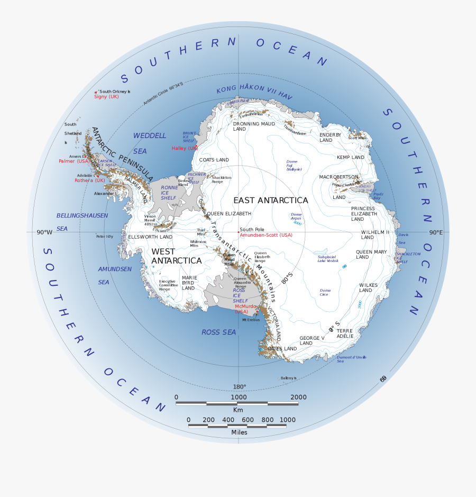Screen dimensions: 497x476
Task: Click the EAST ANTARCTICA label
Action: (270, 200)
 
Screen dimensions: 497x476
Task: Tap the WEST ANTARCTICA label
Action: (176, 256)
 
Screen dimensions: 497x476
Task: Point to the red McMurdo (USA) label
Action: (245, 309)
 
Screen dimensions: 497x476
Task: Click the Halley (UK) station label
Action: (185, 148)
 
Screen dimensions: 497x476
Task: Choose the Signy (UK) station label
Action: (106, 97)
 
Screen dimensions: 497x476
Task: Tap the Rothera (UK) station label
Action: (87, 180)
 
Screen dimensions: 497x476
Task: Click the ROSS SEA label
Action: (218, 332)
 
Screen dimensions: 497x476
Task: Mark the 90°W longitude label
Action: (44, 232)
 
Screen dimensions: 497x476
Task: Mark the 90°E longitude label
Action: (435, 232)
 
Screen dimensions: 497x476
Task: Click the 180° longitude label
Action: (240, 386)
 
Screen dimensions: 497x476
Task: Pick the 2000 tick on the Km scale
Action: (298, 397)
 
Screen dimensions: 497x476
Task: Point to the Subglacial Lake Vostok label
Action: (328, 258)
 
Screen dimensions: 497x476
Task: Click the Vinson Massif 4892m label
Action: (151, 220)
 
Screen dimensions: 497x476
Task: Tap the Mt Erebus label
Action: (252, 320)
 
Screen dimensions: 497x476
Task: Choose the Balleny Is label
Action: (289, 378)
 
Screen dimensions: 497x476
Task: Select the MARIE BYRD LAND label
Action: (189, 283)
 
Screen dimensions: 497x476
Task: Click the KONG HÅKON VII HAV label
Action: (254, 91)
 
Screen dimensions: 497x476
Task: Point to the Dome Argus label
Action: (296, 216)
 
